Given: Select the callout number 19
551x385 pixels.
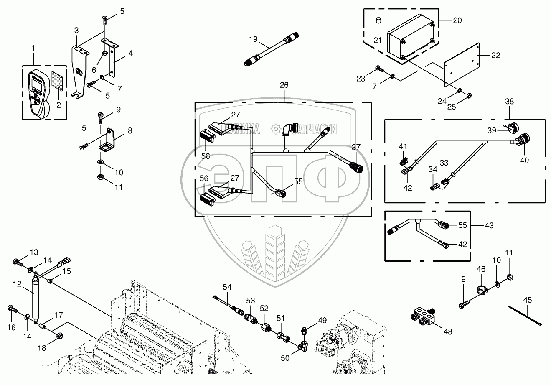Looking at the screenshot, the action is click(254, 39).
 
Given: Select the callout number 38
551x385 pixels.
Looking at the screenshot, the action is click(509, 102).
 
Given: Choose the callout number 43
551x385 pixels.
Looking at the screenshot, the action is click(489, 225).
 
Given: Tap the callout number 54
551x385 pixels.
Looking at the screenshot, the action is click(227, 287).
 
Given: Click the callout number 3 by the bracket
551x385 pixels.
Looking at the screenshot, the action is click(76, 30).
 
